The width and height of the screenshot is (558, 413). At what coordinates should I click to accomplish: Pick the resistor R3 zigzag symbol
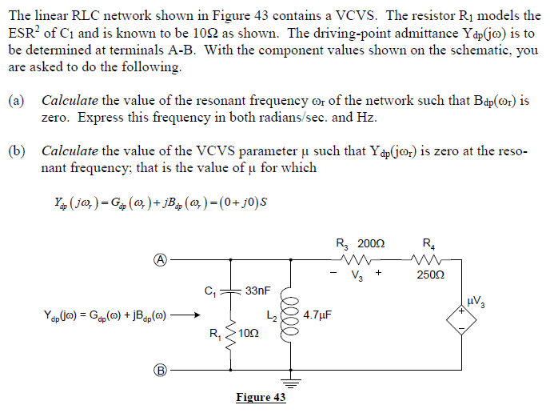point(354,259)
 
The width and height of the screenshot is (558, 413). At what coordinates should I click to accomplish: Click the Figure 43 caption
point(261,397)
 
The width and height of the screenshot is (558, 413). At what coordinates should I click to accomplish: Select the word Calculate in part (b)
point(70,150)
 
